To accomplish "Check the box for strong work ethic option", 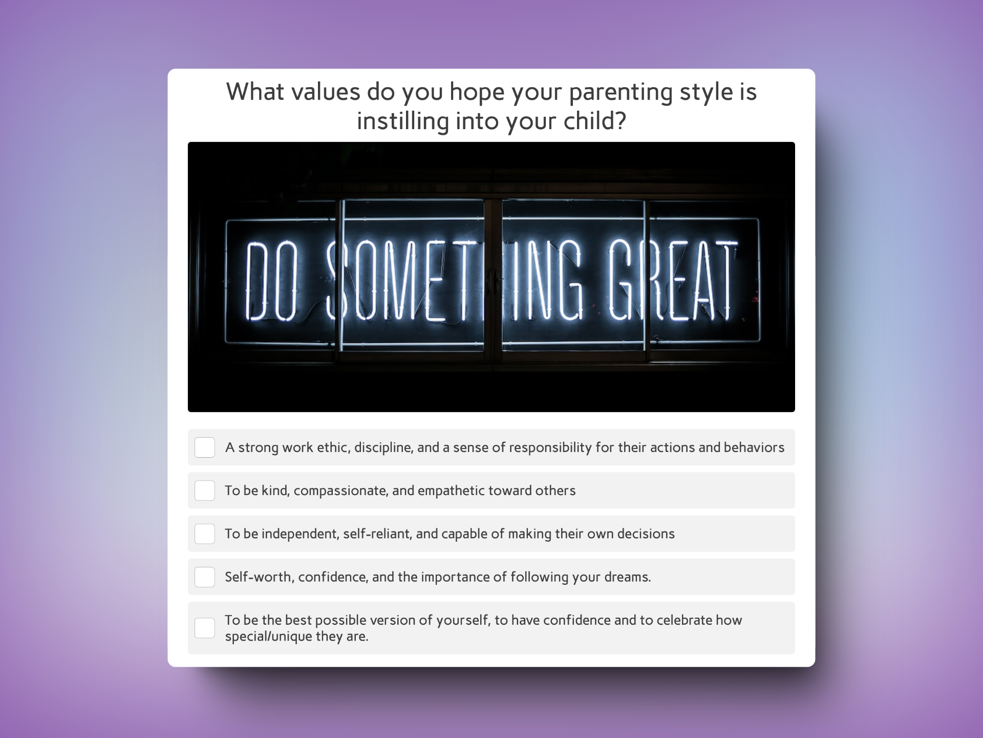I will pyautogui.click(x=204, y=447).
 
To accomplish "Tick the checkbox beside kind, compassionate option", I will pyautogui.click(x=204, y=490).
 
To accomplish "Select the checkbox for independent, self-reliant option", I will pyautogui.click(x=204, y=534).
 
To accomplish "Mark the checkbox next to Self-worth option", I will pyautogui.click(x=204, y=577).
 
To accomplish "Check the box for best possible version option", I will pyautogui.click(x=204, y=628).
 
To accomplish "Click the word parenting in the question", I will pyautogui.click(x=621, y=93).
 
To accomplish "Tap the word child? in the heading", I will pyautogui.click(x=595, y=121).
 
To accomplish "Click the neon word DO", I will pyautogui.click(x=272, y=281).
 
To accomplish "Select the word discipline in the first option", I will pyautogui.click(x=383, y=447).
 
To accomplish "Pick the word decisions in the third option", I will pyautogui.click(x=646, y=534).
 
